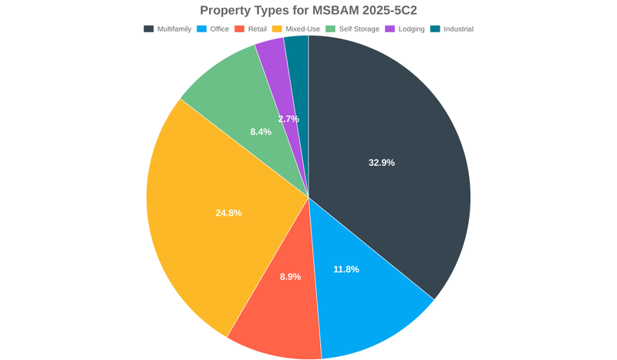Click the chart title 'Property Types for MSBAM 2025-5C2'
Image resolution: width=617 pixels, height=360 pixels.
coord(308,10)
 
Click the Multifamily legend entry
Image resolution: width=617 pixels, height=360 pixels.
coord(167,29)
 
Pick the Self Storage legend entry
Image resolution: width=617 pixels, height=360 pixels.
coord(352,29)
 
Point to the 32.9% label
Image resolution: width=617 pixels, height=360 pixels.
coord(382,163)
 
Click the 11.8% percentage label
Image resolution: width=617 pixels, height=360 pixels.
coord(346,269)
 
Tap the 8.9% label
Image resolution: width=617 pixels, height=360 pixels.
coord(290,277)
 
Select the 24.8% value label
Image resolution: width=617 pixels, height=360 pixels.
coord(228,213)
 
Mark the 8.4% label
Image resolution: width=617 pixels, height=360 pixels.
coord(261,132)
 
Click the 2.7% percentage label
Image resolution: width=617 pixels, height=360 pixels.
coord(288,119)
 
